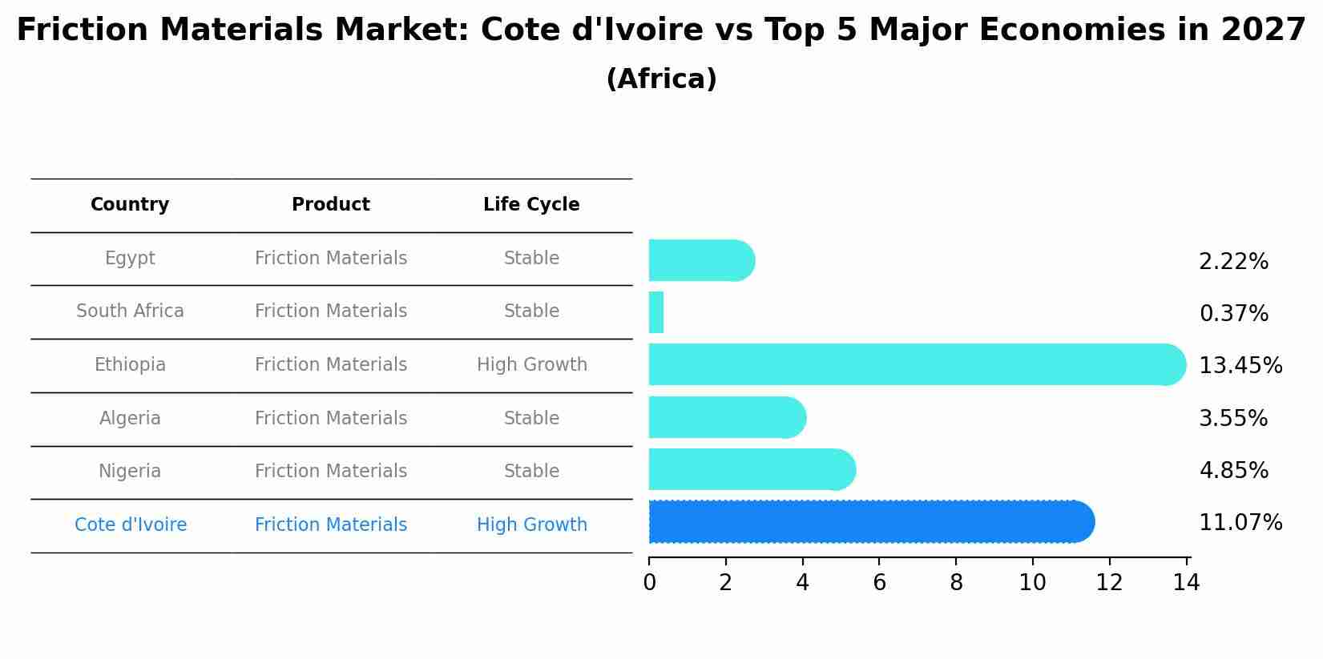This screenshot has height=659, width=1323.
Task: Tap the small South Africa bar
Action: point(655,312)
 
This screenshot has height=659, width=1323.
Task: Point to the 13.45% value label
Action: point(1240,366)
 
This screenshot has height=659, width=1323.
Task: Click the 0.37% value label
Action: point(1233,314)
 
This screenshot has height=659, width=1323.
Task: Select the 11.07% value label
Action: point(1240,523)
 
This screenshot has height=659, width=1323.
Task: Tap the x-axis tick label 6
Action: point(879,583)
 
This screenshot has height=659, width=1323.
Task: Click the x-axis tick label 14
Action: point(1186,583)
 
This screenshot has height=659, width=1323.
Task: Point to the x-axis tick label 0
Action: point(649,583)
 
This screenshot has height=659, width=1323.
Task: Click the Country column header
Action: point(130,205)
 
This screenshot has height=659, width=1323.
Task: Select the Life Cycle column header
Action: point(531,205)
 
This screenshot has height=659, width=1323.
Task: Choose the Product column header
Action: point(331,205)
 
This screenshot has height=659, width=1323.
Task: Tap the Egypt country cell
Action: point(130,259)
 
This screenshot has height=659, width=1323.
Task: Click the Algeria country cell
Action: point(130,419)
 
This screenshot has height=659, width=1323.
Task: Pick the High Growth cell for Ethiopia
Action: point(531,365)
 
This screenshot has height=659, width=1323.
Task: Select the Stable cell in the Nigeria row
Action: point(531,472)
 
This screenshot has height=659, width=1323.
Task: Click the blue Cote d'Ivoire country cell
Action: point(131,525)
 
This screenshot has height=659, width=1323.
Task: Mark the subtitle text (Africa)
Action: point(661,79)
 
